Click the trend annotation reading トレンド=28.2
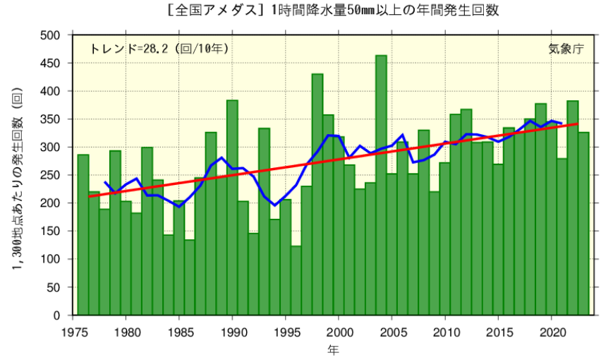click(159, 49)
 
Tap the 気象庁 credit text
click(566, 49)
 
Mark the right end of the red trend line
click(578, 124)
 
